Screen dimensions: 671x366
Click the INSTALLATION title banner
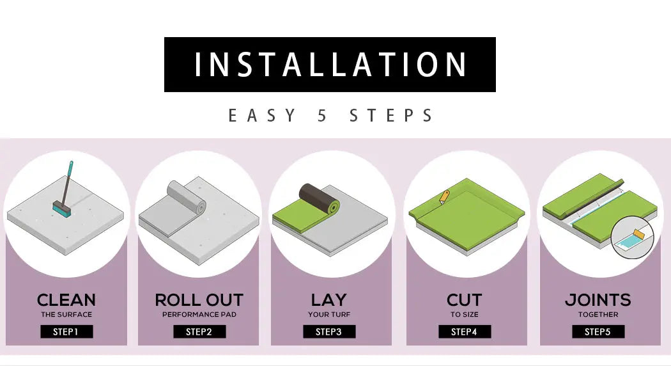[330, 65]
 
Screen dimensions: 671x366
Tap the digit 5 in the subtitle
[322, 116]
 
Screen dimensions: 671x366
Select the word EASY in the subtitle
[262, 116]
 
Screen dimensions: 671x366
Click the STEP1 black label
[66, 331]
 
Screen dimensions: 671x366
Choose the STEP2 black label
[199, 331]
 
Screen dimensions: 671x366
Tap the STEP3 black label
[329, 331]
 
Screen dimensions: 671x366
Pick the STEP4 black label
[465, 331]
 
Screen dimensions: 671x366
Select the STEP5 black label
[598, 331]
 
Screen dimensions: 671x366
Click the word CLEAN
[66, 300]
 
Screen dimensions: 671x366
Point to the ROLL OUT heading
[199, 300]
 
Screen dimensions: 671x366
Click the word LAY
[329, 300]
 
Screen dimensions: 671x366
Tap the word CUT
[465, 300]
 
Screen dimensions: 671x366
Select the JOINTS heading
[598, 300]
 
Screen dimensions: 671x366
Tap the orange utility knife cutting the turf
[445, 197]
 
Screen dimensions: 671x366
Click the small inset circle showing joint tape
[633, 237]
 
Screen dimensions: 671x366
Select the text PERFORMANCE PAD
[199, 315]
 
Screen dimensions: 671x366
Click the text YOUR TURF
[329, 315]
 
